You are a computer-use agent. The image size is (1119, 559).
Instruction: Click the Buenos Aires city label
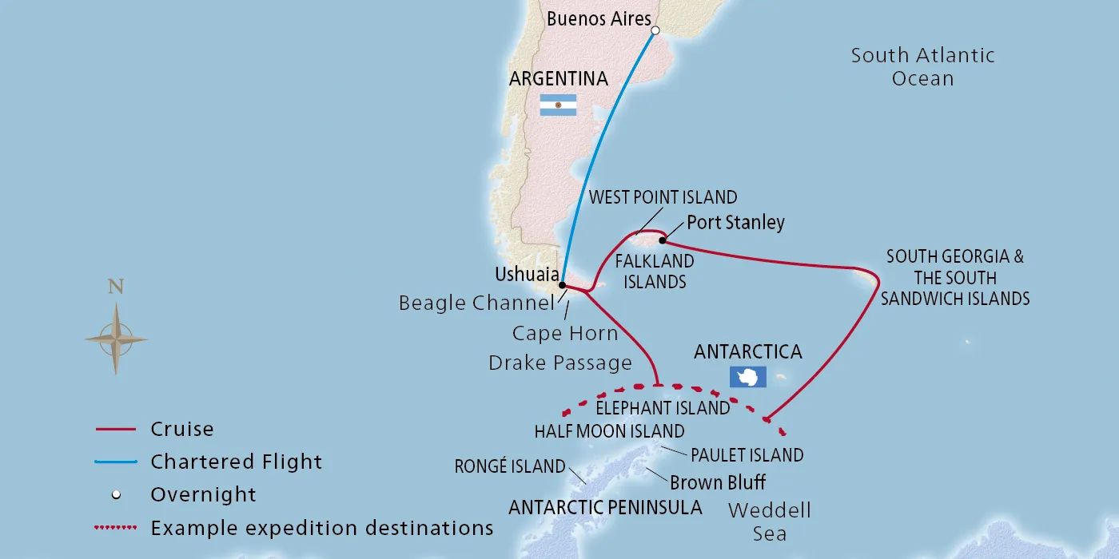coord(599,19)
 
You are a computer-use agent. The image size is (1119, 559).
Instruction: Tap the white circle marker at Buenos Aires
coord(655,31)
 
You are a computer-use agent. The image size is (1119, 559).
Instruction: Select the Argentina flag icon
coord(558,105)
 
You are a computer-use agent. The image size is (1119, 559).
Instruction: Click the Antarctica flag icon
coord(747,377)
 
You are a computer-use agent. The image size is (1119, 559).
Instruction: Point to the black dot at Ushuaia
coord(562,285)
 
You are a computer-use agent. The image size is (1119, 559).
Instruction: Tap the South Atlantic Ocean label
coord(922,67)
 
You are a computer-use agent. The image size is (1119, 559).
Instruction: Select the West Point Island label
coord(663,197)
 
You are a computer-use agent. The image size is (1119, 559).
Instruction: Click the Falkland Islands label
coord(654,272)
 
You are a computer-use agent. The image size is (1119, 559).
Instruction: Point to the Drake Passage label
coord(560,363)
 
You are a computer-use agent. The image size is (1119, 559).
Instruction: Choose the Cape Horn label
coord(565,333)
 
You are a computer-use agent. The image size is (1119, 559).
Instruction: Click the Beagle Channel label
coord(476,303)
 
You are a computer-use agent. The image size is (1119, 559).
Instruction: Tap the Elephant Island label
coord(663,408)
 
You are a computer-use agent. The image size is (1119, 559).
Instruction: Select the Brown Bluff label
coord(717,482)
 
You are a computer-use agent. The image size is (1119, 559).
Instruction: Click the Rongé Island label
coord(509,467)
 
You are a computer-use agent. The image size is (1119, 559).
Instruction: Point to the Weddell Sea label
coord(770,521)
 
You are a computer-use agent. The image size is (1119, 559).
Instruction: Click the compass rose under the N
coord(116,339)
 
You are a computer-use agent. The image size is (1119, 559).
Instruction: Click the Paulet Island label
coord(747,455)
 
